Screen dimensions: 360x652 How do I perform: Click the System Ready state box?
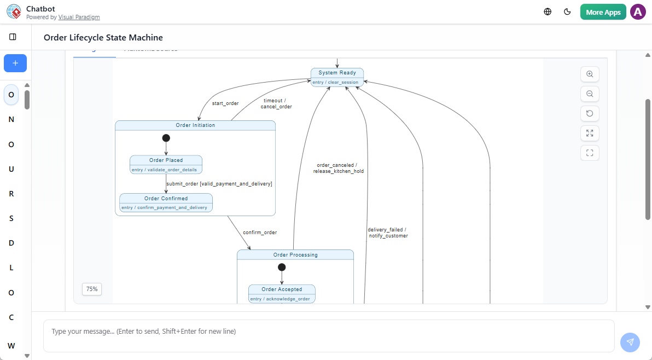(337, 77)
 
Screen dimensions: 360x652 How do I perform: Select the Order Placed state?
(166, 164)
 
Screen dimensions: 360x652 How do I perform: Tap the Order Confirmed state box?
(166, 202)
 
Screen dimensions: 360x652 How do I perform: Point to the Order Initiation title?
(195, 125)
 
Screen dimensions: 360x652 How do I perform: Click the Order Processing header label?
(295, 255)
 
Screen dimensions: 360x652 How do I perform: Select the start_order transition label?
(225, 103)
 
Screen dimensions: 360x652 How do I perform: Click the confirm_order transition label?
(260, 233)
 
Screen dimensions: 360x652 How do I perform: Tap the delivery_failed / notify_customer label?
(387, 233)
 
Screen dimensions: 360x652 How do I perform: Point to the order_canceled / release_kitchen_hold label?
(338, 168)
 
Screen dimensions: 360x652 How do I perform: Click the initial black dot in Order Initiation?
(166, 138)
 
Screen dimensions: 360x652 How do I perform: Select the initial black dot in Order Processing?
(282, 267)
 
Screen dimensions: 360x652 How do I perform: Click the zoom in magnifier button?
(590, 74)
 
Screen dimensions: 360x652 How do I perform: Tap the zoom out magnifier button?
(590, 94)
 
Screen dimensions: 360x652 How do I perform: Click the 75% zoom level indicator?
(92, 289)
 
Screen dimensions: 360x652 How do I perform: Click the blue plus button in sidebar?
(15, 63)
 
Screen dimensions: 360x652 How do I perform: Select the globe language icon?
(548, 11)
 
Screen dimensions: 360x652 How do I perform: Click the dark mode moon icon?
(567, 11)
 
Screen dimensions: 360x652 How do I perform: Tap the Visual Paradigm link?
(79, 17)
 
